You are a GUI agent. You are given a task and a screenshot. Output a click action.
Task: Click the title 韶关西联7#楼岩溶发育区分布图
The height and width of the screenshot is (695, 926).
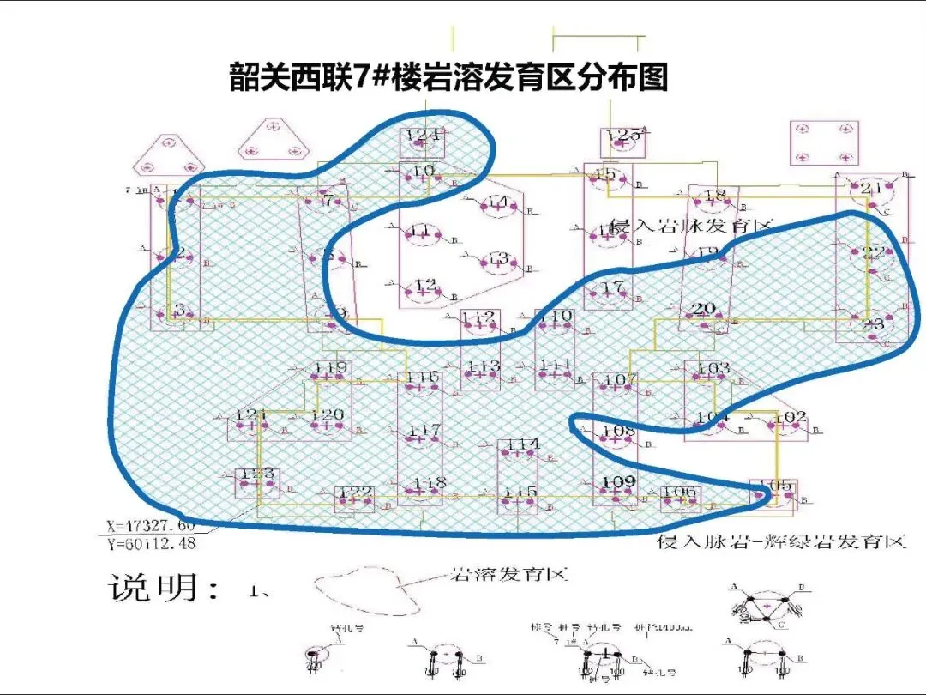click(448, 77)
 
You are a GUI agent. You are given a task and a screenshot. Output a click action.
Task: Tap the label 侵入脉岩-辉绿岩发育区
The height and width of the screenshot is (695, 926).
click(781, 542)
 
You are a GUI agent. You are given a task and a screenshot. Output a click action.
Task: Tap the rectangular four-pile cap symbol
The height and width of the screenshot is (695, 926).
click(823, 142)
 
